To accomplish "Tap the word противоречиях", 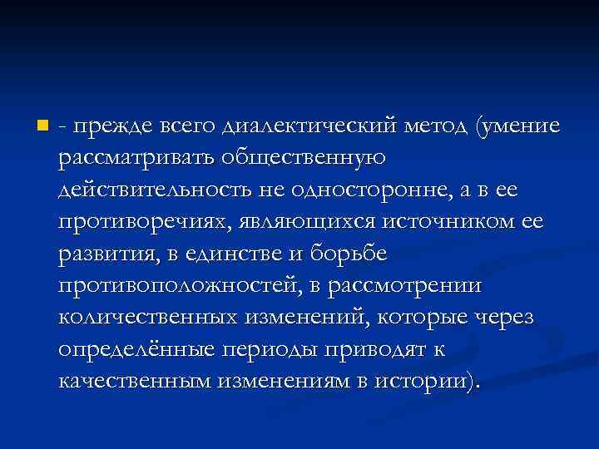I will pyautogui.click(x=143, y=222).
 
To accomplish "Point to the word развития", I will pyautogui.click(x=106, y=254).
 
